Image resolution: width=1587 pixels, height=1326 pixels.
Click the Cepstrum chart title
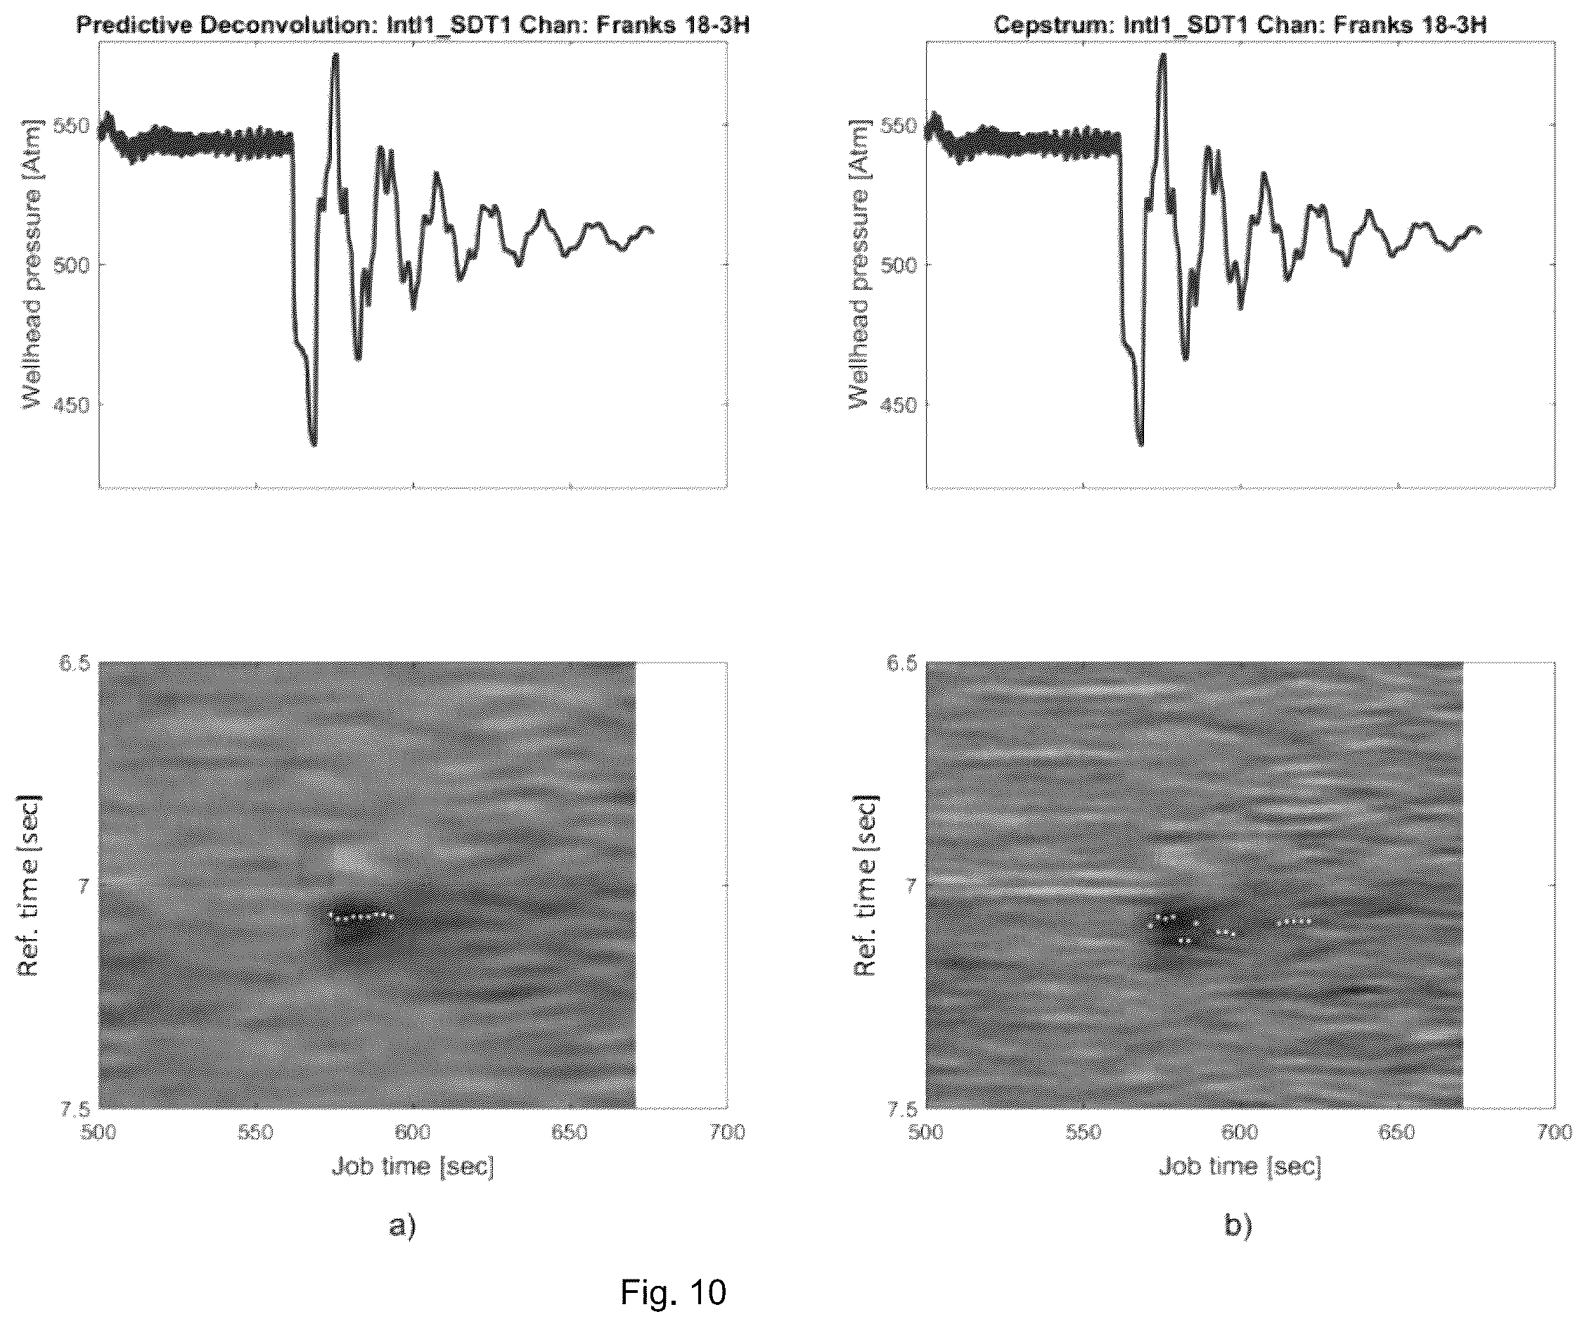click(1240, 25)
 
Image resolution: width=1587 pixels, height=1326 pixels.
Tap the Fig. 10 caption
click(674, 1292)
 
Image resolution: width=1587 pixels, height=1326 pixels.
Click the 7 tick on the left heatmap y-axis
click(84, 885)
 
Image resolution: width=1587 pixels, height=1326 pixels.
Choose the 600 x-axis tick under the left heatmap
click(413, 1133)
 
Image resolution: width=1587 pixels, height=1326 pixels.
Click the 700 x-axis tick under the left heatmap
click(727, 1133)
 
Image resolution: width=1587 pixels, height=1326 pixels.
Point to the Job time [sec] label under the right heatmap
click(1240, 1167)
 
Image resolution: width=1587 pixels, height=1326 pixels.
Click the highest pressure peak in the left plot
click(335, 56)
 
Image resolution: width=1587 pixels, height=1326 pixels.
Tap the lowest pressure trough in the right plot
click(1141, 443)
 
